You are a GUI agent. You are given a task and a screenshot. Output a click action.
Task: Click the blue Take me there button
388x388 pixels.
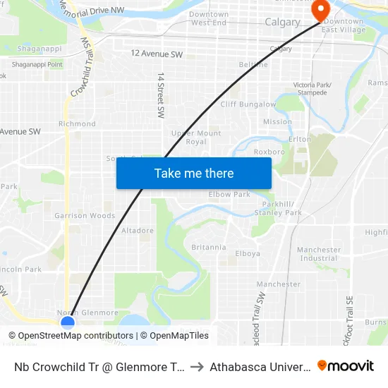click(x=194, y=173)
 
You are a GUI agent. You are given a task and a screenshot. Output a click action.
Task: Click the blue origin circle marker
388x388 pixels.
click(x=68, y=323)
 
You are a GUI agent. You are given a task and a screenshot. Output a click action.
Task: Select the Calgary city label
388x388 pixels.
click(x=282, y=23)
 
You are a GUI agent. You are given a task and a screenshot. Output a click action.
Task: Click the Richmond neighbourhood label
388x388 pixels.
click(x=77, y=124)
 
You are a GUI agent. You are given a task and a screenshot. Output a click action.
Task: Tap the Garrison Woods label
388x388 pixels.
click(x=85, y=216)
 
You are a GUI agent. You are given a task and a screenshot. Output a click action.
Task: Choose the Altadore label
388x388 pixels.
click(x=138, y=231)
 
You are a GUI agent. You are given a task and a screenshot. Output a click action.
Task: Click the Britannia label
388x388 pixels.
click(x=209, y=248)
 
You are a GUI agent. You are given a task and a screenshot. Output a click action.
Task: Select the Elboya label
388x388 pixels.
click(x=248, y=254)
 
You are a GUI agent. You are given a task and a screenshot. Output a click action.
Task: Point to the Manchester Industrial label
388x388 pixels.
click(x=319, y=254)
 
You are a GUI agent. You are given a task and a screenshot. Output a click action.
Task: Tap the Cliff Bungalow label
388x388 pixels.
click(x=248, y=104)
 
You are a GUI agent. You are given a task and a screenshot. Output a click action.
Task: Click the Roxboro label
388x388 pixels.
click(x=269, y=151)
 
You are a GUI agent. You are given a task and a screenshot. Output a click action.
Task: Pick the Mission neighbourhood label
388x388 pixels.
click(x=277, y=122)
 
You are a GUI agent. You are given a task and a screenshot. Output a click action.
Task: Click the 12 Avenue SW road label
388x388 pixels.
click(x=157, y=54)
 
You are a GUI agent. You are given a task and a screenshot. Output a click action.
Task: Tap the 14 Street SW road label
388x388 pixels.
click(x=161, y=95)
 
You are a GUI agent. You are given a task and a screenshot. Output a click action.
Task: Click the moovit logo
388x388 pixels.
click(x=346, y=365)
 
